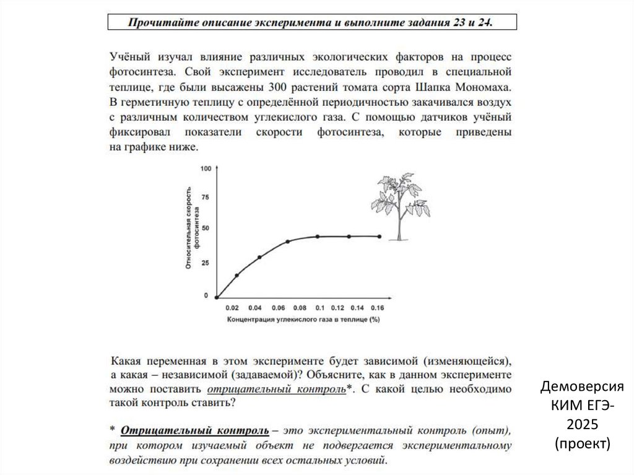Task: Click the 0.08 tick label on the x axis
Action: [x=300, y=308]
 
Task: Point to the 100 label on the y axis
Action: [x=206, y=168]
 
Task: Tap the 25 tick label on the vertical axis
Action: [x=205, y=263]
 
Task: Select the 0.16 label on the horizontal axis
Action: [x=377, y=308]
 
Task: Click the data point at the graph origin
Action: [x=217, y=297]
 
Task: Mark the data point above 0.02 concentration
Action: [x=237, y=275]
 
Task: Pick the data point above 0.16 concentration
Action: [x=379, y=236]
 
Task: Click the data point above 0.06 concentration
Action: [x=288, y=242]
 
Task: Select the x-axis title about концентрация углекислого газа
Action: [x=303, y=320]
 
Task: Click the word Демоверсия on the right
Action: [x=582, y=388]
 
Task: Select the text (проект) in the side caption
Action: [x=582, y=443]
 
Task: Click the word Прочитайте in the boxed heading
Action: [x=158, y=23]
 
